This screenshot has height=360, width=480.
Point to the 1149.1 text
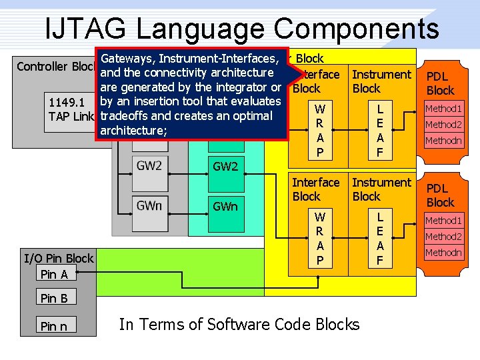[67, 103]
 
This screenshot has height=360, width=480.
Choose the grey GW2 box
[149, 165]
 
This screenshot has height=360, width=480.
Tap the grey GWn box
[149, 205]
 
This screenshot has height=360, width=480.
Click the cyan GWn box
[225, 207]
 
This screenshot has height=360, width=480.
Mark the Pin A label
[54, 274]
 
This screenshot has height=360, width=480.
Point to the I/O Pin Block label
[59, 258]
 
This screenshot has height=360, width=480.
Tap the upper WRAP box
[320, 131]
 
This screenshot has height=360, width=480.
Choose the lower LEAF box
[379, 239]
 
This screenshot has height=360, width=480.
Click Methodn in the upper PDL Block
[443, 141]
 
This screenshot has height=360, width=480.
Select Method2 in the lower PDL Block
[443, 237]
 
